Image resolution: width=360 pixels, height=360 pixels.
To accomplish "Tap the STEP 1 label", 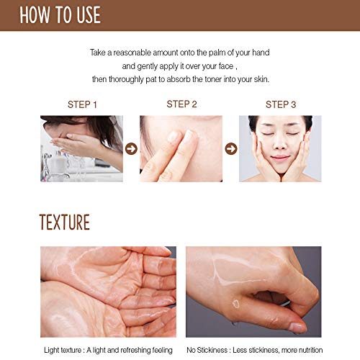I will (x=82, y=104).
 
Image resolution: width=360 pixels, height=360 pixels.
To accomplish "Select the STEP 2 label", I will (x=181, y=104).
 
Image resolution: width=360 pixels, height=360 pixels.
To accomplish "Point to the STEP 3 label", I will (x=281, y=104).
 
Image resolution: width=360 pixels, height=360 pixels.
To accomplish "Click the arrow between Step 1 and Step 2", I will (x=131, y=149).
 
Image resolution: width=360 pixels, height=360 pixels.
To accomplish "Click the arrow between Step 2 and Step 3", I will (x=230, y=149).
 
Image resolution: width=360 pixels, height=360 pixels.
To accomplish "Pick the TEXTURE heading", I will (x=55, y=222).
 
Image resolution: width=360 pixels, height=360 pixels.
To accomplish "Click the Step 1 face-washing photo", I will (x=81, y=148).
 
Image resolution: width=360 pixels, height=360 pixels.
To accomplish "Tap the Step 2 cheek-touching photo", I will (x=181, y=148).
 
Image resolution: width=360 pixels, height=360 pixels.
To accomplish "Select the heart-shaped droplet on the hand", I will (x=233, y=302).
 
